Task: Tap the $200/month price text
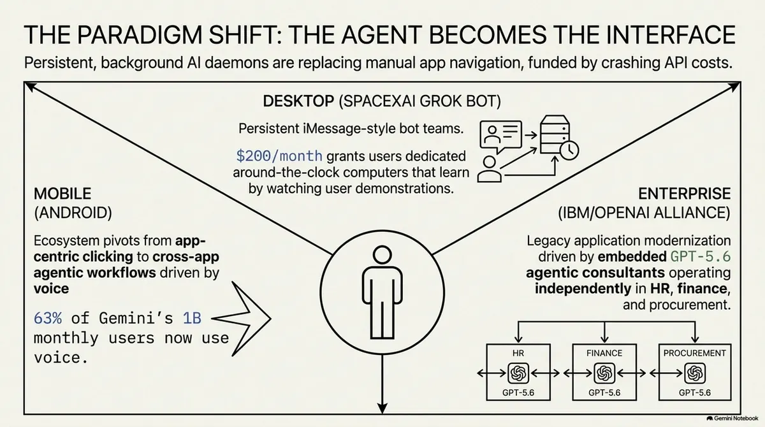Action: coord(279,156)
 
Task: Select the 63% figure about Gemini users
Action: coord(48,319)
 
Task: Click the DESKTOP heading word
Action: coord(298,101)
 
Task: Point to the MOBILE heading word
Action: coord(62,194)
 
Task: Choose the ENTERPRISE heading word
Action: coord(685,194)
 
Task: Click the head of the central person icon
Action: coord(382,255)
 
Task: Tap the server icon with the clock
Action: coord(558,137)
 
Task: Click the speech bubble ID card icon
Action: coord(500,136)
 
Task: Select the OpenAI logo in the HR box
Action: coord(518,373)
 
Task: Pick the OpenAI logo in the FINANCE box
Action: coord(604,373)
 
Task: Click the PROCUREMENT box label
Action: coord(695,353)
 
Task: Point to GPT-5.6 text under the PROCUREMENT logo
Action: coord(695,393)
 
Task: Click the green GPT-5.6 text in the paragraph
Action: coord(701,257)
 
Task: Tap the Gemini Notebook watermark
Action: coord(732,419)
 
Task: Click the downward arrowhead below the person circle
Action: coord(382,409)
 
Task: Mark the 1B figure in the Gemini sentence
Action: coord(192,319)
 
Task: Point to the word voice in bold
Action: coord(51,289)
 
